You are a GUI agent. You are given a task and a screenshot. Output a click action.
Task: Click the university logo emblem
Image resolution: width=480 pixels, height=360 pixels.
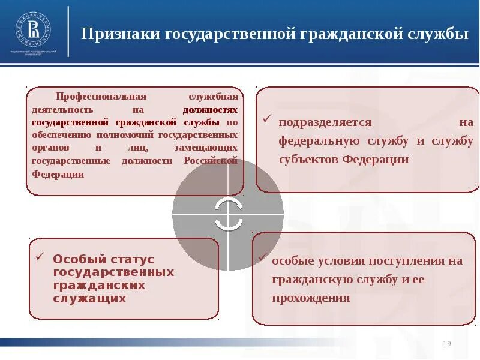33,31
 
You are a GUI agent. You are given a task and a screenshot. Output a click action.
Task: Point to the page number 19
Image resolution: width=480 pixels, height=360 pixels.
446,343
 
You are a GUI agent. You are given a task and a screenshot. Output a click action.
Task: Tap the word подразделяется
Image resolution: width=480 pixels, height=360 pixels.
325,122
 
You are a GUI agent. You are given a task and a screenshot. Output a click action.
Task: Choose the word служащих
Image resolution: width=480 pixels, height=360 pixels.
90,298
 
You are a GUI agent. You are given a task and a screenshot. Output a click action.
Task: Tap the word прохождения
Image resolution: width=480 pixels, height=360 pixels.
311,298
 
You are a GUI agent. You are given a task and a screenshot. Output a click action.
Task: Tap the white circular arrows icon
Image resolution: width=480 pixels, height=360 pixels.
228,214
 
